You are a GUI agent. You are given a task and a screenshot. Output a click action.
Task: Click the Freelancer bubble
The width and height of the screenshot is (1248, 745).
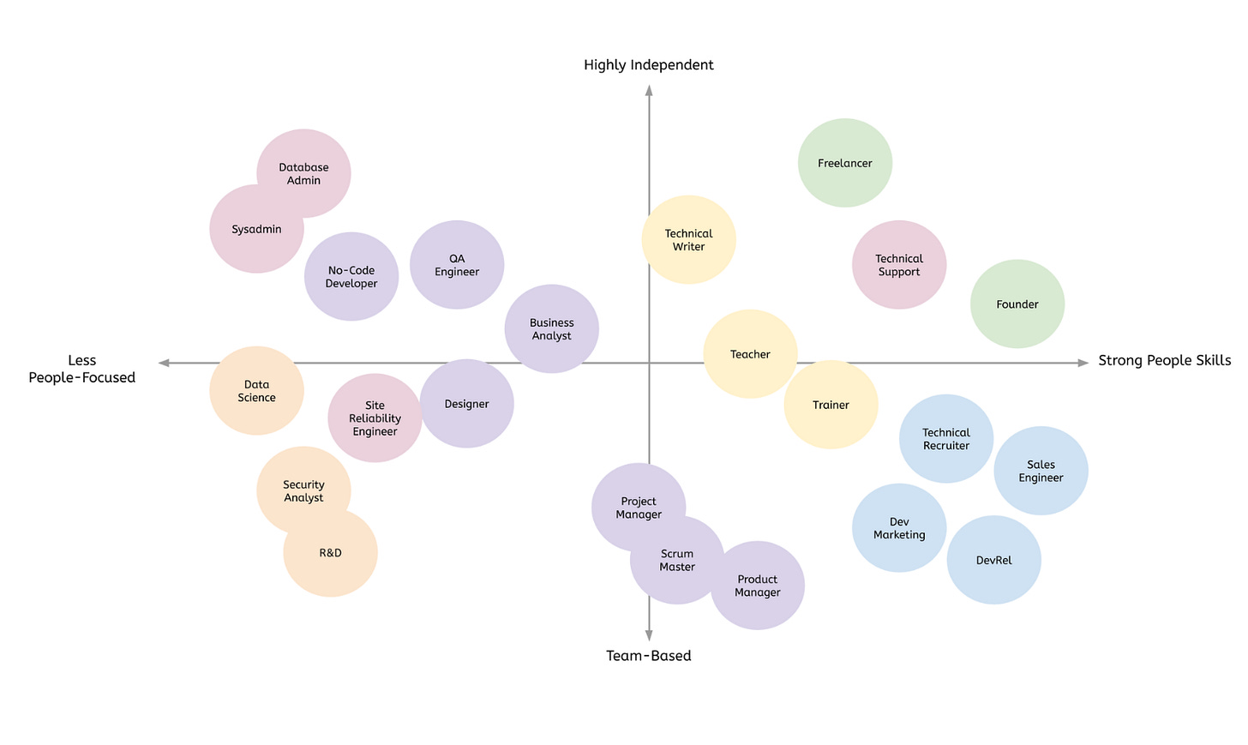pos(844,163)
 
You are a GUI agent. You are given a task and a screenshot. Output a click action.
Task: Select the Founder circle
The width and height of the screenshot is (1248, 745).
pos(1017,304)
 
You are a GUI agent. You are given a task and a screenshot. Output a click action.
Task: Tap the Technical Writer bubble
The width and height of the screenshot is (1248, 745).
pos(688,240)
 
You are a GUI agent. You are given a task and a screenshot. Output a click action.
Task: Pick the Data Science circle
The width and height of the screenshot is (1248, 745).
pos(256,391)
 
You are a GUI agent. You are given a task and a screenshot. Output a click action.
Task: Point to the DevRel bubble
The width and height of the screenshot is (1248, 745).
pos(993,561)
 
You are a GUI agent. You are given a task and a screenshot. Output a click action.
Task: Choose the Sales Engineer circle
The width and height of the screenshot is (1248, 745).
pos(1041,472)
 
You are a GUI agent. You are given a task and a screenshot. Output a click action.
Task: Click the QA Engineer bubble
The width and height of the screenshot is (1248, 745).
pos(457,265)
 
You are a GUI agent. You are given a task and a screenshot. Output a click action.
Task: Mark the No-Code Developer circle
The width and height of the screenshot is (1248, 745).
pos(351,277)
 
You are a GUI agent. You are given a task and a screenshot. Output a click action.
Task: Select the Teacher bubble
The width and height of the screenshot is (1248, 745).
pos(750,354)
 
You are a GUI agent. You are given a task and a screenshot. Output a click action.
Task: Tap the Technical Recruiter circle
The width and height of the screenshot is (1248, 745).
pos(945,439)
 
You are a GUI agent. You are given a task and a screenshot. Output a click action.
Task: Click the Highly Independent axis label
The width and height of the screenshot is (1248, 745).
pos(649,65)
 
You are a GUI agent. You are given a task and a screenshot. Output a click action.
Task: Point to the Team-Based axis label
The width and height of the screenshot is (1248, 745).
pos(649,656)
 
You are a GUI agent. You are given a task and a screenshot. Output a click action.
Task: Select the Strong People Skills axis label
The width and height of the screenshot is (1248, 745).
pos(1164,361)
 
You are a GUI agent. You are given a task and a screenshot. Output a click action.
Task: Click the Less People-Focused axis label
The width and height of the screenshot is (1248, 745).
pos(82,369)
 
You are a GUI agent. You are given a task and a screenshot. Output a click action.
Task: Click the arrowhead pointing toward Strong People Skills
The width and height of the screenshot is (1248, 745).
pos(1083,363)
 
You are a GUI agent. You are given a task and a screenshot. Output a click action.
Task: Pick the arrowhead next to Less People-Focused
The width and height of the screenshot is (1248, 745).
pos(164,363)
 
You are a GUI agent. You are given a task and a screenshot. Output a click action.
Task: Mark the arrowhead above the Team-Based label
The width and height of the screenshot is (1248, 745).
pos(649,635)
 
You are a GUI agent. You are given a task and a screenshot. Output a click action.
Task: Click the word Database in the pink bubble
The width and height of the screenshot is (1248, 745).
pos(303,168)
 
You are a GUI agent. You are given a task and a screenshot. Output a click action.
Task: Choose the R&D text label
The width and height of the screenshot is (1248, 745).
pos(330,553)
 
